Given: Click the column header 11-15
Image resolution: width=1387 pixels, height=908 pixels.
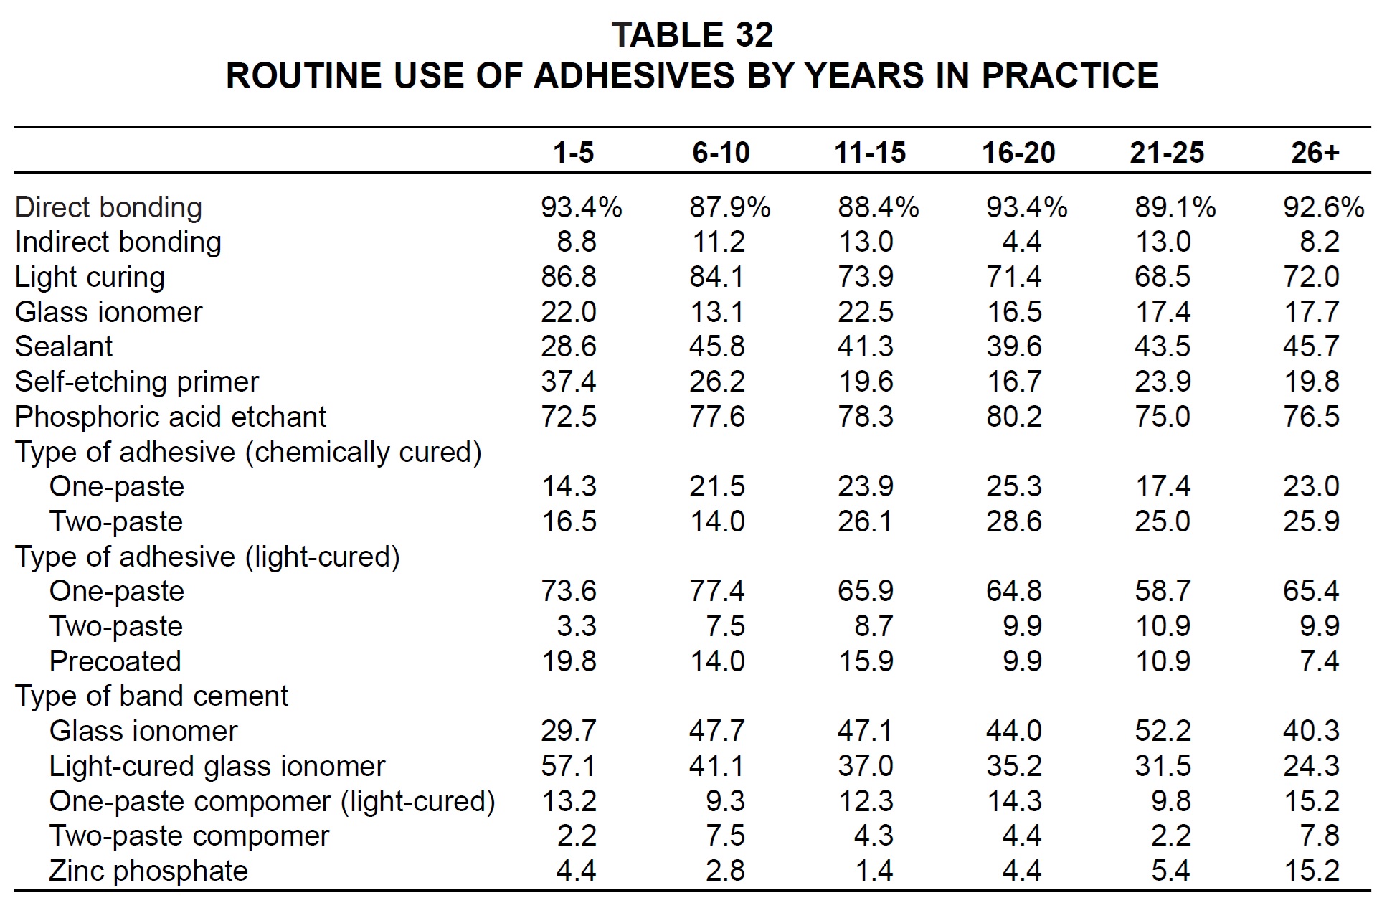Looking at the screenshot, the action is click(x=870, y=153).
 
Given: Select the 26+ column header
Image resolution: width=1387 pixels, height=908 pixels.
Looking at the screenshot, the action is click(x=1315, y=153).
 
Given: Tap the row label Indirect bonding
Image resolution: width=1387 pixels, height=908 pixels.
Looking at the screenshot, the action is click(x=118, y=242).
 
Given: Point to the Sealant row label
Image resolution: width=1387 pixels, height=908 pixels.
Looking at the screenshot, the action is click(x=64, y=347).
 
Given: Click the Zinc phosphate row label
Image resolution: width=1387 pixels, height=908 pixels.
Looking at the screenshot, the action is click(x=148, y=871).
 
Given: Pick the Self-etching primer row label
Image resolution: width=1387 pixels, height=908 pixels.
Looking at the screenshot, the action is click(x=137, y=382).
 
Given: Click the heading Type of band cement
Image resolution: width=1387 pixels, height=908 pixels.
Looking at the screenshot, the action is click(x=151, y=696).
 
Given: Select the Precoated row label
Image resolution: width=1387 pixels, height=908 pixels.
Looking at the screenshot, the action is click(x=115, y=661).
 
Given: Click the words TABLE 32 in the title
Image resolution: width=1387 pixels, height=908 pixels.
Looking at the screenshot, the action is click(x=693, y=34).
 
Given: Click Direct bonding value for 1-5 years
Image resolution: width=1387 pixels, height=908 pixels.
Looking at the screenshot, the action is click(x=582, y=208).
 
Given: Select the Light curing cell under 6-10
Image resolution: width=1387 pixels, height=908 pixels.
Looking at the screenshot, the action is click(x=717, y=278).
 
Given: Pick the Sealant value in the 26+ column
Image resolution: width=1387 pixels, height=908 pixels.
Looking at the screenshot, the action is click(x=1311, y=347).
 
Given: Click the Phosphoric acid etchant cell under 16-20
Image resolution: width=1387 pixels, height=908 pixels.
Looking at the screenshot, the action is click(x=1014, y=417).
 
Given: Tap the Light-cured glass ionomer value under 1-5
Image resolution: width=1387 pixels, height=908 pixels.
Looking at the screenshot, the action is click(x=568, y=767).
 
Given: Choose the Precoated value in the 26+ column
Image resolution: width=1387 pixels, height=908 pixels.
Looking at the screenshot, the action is click(x=1319, y=661).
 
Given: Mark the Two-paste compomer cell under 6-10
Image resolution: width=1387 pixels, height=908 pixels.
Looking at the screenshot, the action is click(x=725, y=836).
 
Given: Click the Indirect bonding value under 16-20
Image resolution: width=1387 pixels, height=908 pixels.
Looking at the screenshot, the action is click(x=1022, y=242).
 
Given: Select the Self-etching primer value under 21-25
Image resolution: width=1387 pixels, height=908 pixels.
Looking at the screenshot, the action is click(x=1163, y=382).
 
